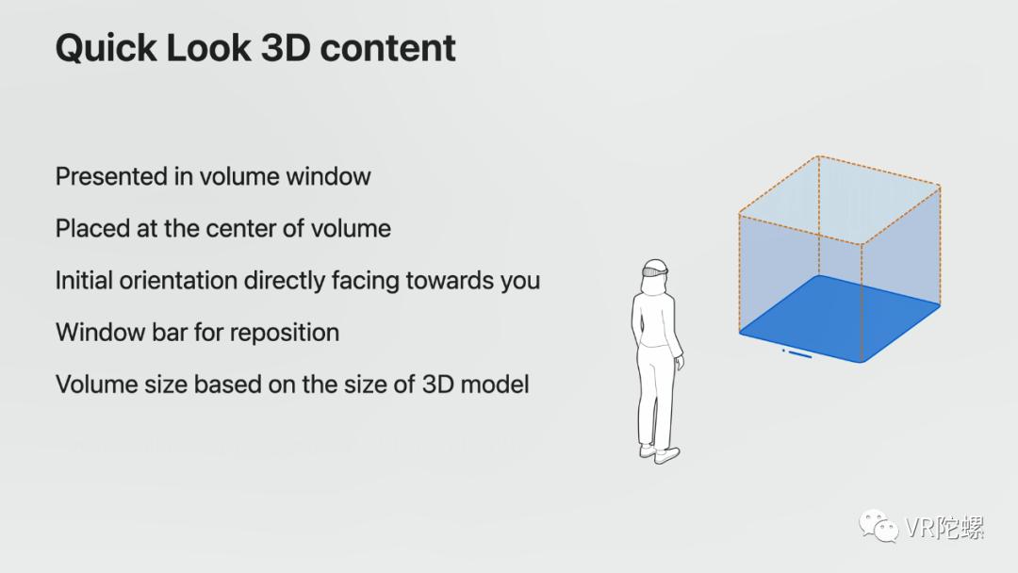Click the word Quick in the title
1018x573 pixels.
tap(107, 49)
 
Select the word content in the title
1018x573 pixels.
tap(387, 48)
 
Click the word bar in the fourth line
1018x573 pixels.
tap(170, 333)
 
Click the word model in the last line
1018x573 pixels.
tap(495, 385)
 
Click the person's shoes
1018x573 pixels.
tap(660, 453)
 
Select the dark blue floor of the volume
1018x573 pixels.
tap(840, 318)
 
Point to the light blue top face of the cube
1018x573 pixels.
tap(840, 200)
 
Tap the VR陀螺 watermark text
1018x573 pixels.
tap(944, 528)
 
